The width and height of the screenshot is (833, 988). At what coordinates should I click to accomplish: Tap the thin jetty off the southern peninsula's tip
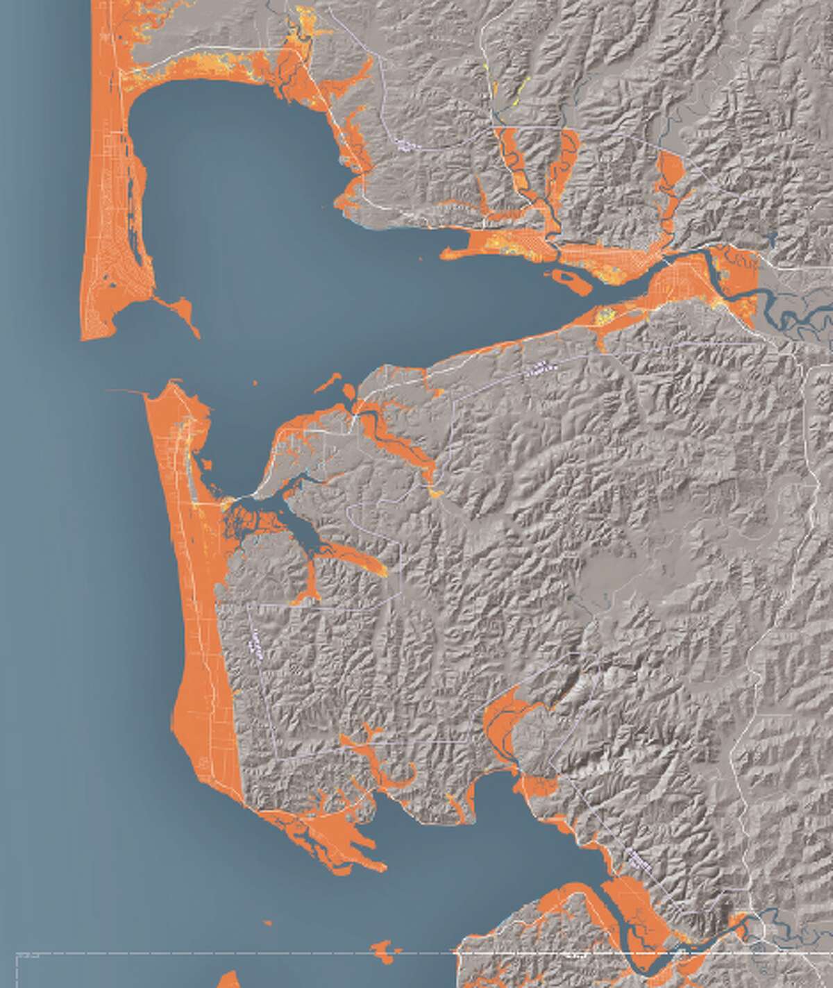pos(125,391)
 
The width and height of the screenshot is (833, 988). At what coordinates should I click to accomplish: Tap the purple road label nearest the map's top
pos(403,145)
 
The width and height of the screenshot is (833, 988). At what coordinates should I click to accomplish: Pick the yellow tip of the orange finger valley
pos(434,494)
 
